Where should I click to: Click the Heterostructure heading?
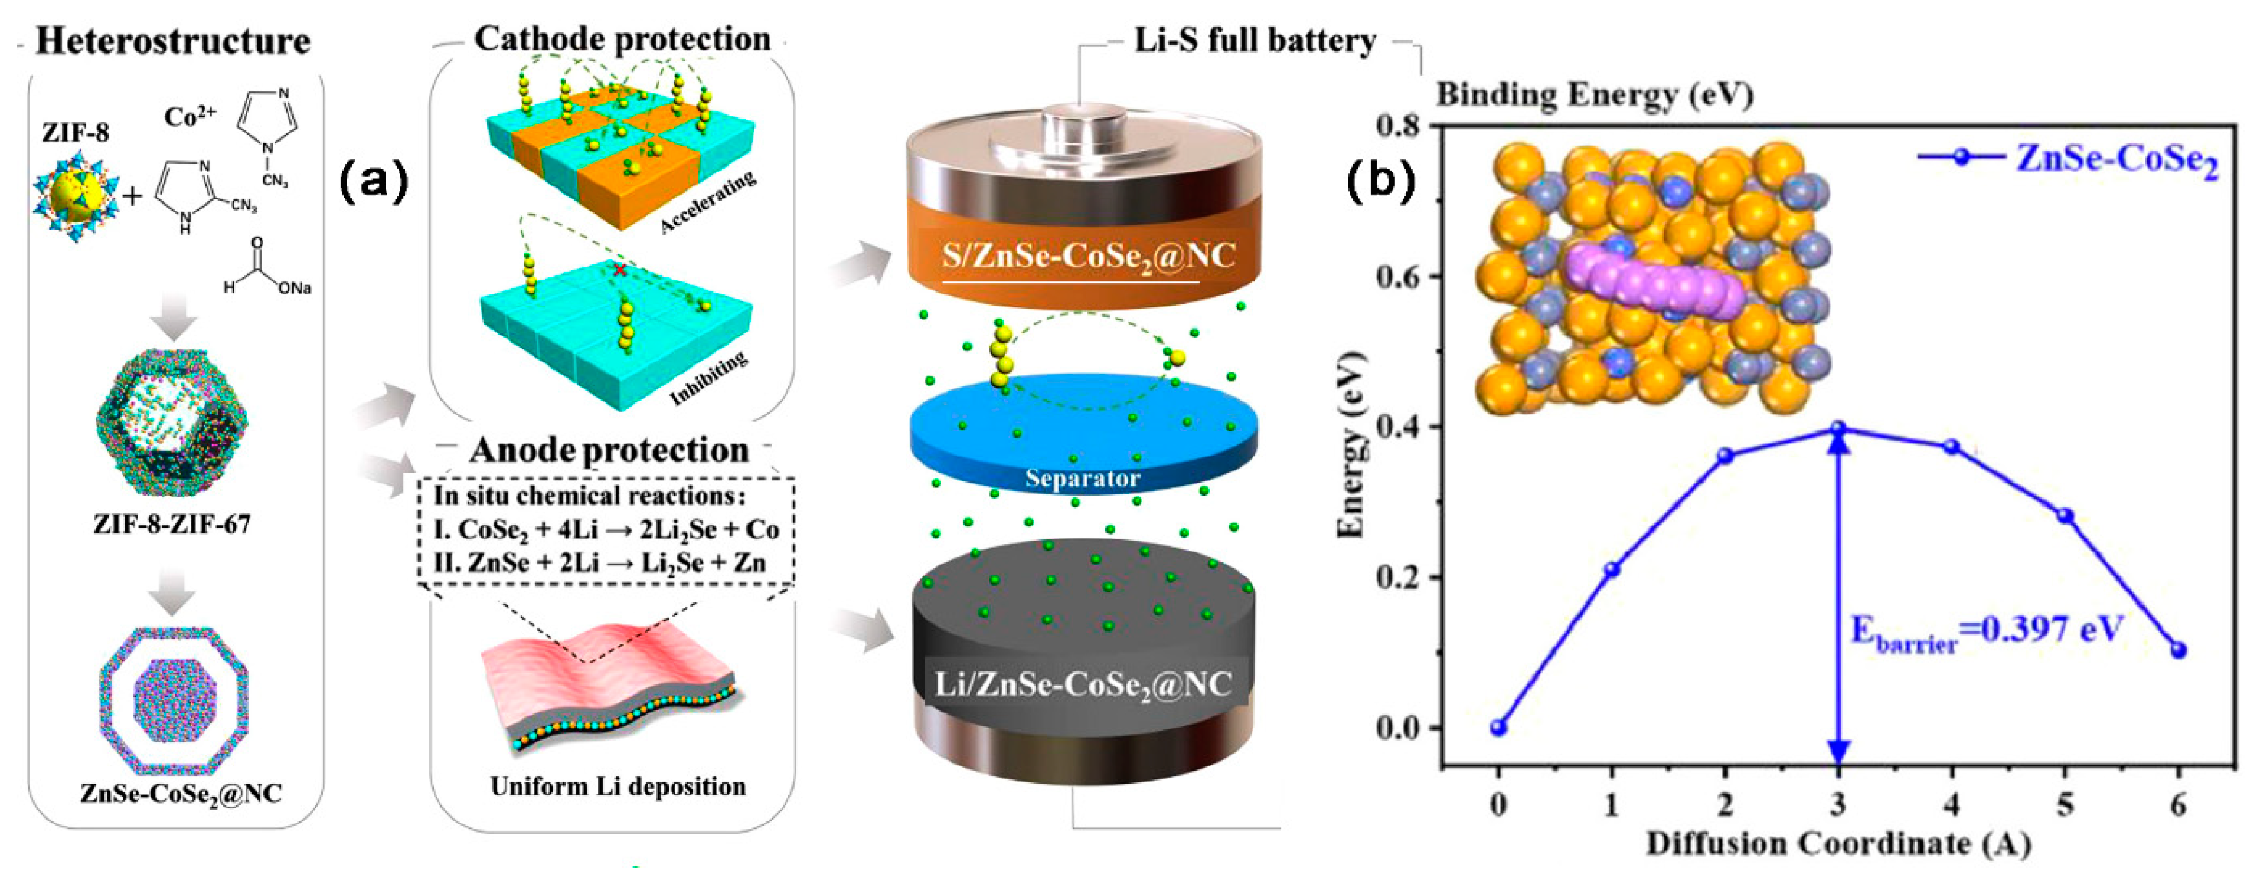pyautogui.click(x=172, y=42)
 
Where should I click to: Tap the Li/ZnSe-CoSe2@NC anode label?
pyautogui.click(x=1084, y=683)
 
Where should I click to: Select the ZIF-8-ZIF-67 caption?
pyautogui.click(x=172, y=524)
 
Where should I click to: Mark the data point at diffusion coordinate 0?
pyautogui.click(x=1499, y=727)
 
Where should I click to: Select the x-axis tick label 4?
pyautogui.click(x=1952, y=804)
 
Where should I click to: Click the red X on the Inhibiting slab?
pyautogui.click(x=619, y=271)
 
